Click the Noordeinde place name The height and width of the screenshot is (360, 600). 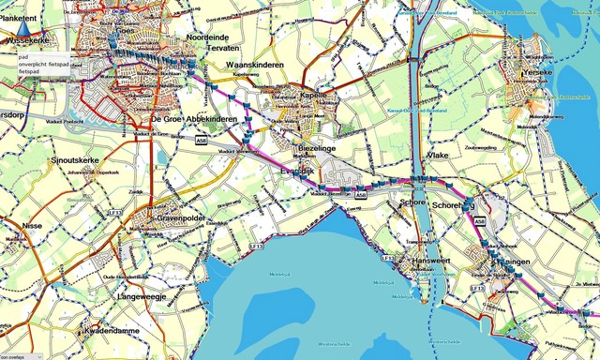click(207, 37)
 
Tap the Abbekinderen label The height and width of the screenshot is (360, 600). click(214, 120)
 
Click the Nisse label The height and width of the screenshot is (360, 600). click(31, 225)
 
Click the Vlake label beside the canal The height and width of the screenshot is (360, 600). click(438, 155)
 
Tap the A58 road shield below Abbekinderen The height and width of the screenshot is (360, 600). click(202, 141)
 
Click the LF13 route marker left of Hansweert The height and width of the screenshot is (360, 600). click(388, 257)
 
